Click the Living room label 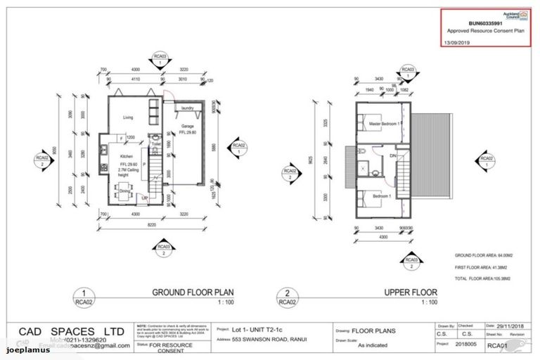click(x=128, y=117)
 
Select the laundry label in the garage click(x=187, y=108)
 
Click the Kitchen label click(x=127, y=156)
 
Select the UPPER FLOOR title click(x=411, y=292)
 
